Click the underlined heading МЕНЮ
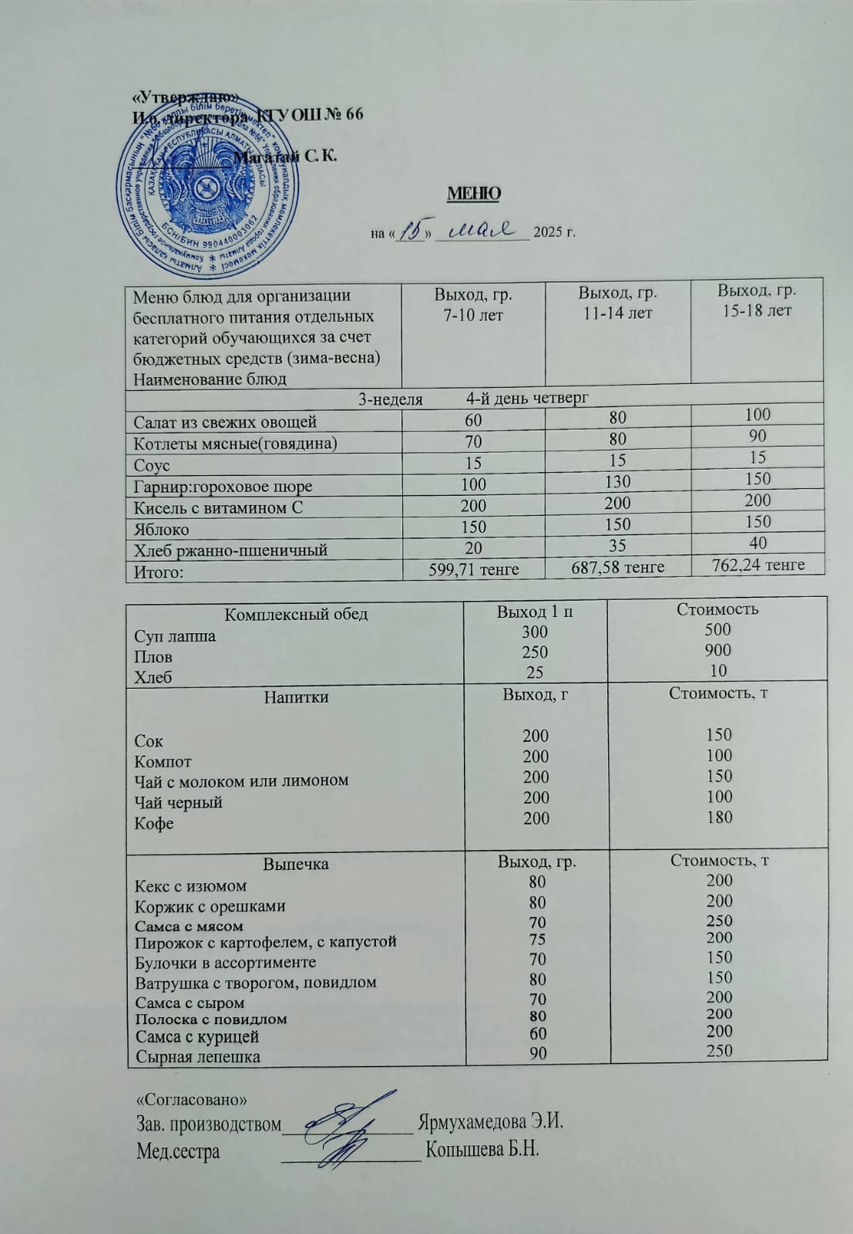474,194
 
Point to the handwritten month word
482,229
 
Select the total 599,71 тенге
473,569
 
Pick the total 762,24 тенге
757,565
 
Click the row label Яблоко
161,529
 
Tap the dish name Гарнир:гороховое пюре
223,486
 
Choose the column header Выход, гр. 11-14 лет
617,303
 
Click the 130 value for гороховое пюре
617,482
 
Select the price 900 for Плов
717,650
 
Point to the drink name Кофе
154,823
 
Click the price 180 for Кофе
719,817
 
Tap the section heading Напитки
296,697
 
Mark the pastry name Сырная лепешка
197,1057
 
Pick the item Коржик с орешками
210,906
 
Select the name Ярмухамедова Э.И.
490,1121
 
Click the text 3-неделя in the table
391,399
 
